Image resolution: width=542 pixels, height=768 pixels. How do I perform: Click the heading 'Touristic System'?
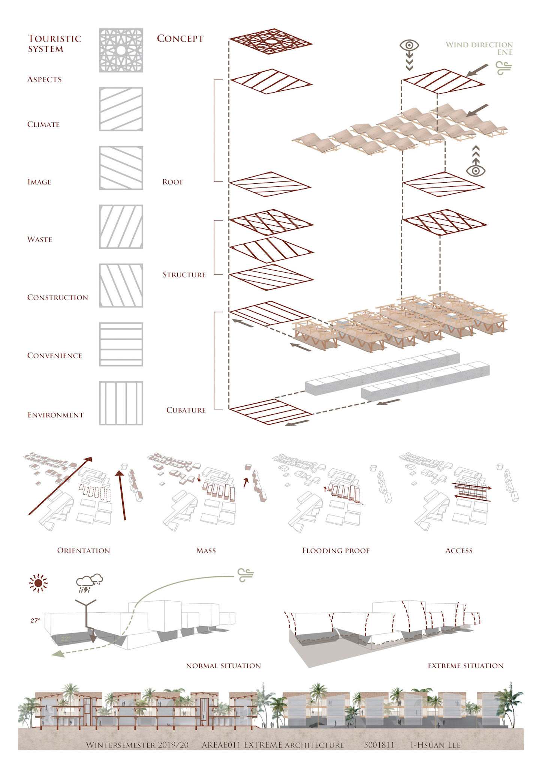(x=54, y=43)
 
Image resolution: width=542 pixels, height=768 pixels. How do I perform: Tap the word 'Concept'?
(x=180, y=39)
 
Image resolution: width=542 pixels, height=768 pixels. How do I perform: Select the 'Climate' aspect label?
(x=43, y=124)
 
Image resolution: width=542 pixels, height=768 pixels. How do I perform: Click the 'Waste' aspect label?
(x=40, y=240)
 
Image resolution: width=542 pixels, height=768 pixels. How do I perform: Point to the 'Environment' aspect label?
(x=55, y=415)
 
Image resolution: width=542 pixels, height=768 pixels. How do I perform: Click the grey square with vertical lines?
(x=121, y=403)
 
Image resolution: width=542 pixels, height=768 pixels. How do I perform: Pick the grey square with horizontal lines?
(x=121, y=344)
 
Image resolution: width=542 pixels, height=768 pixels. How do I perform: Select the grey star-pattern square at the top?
(x=121, y=50)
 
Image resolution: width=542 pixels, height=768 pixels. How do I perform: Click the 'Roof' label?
(x=173, y=182)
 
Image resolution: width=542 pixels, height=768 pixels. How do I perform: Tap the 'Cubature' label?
(x=186, y=410)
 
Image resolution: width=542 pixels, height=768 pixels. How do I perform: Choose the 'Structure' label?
(x=184, y=275)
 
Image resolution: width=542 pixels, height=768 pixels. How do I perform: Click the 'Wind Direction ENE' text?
(x=479, y=48)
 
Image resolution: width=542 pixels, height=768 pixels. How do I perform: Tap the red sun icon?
(x=38, y=583)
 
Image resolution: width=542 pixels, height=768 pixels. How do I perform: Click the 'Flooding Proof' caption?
(x=335, y=551)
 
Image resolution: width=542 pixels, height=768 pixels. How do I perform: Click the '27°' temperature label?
(x=36, y=621)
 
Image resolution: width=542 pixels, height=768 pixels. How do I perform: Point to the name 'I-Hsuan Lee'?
(x=435, y=745)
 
